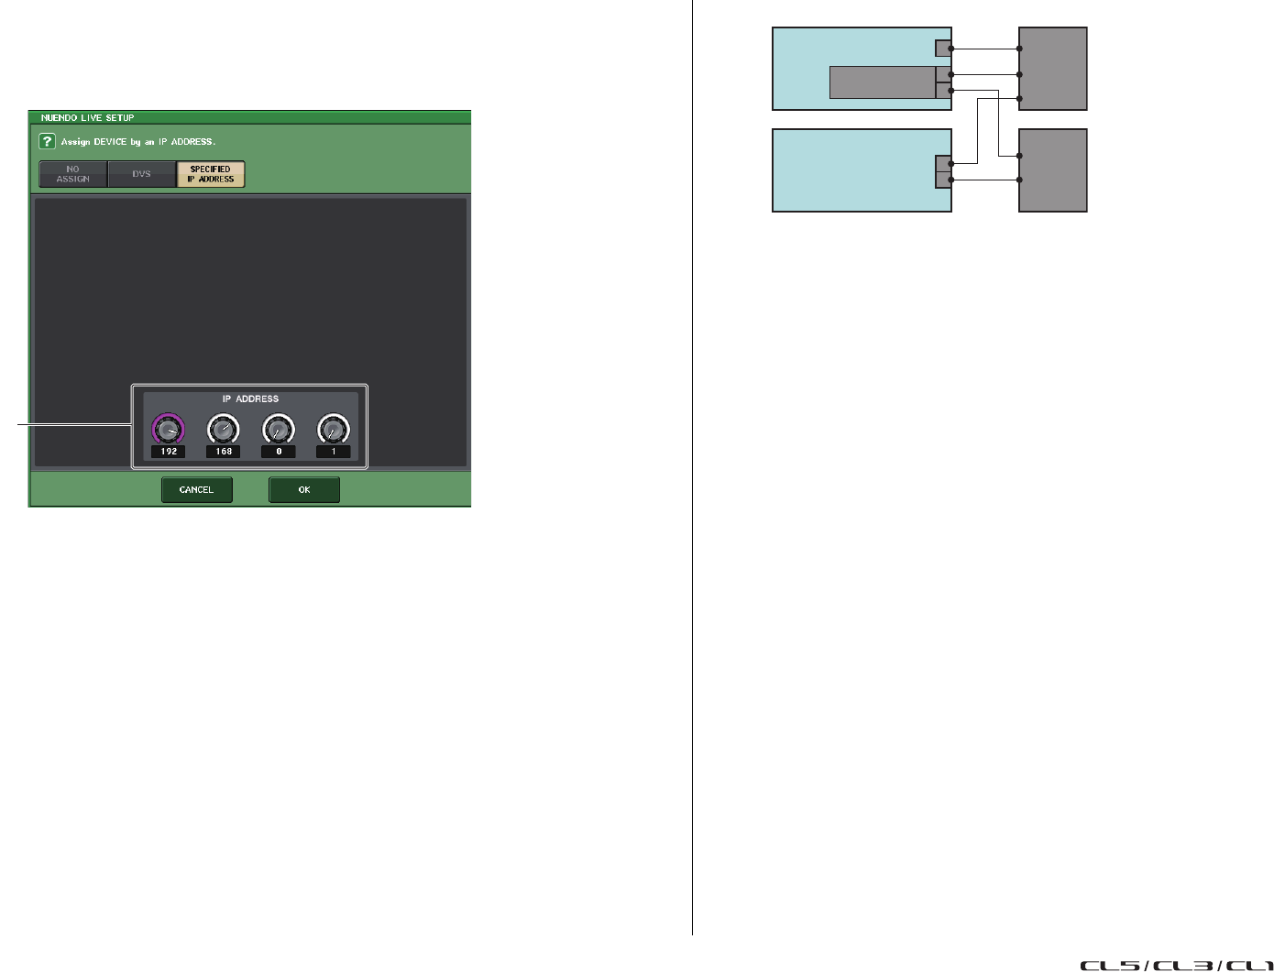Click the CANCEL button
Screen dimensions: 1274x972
tap(196, 490)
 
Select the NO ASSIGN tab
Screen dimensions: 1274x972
tap(73, 174)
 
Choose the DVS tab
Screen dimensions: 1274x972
tap(141, 174)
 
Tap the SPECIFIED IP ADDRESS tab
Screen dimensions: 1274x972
tap(211, 174)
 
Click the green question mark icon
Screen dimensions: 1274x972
tap(47, 142)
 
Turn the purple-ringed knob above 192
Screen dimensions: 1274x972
tap(169, 428)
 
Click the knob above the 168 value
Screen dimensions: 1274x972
tap(224, 428)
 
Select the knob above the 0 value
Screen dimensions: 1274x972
tap(279, 428)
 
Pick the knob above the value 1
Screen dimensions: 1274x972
tap(334, 428)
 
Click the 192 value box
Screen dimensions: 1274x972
tap(169, 452)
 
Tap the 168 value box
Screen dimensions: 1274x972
tap(224, 452)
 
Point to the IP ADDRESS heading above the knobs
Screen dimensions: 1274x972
tap(250, 399)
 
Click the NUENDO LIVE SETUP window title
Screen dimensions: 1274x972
tap(87, 118)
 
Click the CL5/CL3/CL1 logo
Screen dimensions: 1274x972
tap(1176, 965)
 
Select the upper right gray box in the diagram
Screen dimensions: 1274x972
tap(1053, 69)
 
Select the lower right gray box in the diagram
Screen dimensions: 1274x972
tap(1053, 170)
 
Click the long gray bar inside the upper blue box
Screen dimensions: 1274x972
tap(882, 82)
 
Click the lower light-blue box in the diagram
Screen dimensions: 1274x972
tap(852, 171)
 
